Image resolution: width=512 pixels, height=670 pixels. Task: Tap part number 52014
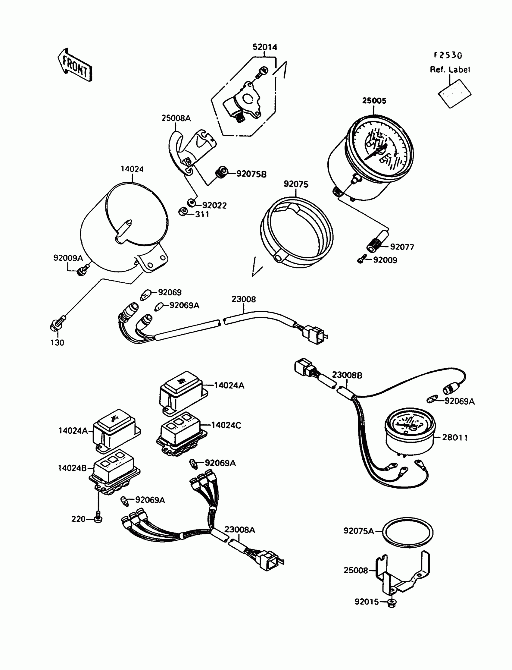(264, 47)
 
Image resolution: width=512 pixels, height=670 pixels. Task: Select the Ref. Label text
(450, 70)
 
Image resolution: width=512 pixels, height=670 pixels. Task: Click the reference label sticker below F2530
(454, 94)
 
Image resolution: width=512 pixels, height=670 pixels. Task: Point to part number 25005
(374, 101)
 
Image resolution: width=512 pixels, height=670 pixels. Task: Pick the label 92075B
(251, 174)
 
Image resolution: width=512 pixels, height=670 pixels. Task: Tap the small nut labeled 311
(183, 211)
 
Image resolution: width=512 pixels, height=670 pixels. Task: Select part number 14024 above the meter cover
(132, 169)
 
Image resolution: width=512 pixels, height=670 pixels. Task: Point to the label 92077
(402, 247)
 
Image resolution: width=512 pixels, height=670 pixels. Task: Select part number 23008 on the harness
(244, 299)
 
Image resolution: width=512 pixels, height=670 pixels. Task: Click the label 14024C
(226, 425)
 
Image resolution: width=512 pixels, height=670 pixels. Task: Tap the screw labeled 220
(98, 519)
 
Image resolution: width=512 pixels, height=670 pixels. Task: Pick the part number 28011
(455, 437)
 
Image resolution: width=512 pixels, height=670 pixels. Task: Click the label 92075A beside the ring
(358, 531)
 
